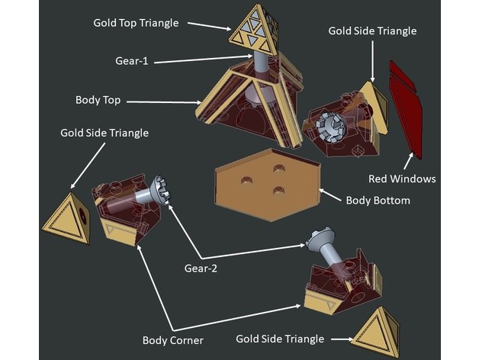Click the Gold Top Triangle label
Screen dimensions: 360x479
click(136, 23)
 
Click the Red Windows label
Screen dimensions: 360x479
click(402, 179)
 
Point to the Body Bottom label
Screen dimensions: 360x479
click(378, 201)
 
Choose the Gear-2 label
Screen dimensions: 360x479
click(200, 268)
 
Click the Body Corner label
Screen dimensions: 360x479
click(173, 340)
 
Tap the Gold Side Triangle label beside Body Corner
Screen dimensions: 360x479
click(280, 339)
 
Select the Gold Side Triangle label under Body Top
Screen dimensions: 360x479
click(104, 133)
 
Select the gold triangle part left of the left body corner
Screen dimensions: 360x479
click(66, 218)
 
